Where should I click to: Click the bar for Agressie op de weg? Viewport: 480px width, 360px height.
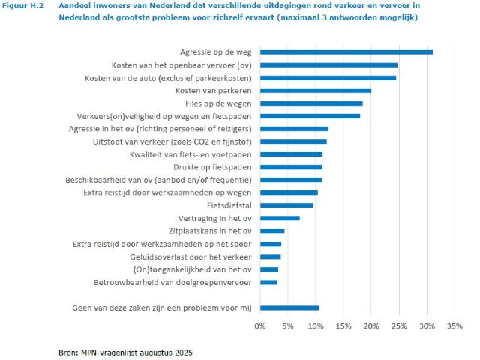coord(346,52)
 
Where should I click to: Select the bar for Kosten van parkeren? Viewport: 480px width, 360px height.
coord(316,90)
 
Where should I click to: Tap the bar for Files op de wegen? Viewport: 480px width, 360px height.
coord(311,103)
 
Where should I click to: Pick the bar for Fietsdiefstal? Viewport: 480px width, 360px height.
coord(286,205)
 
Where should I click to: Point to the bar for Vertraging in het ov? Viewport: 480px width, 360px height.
coord(280,218)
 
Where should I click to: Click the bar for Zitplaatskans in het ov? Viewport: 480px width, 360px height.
coord(272,231)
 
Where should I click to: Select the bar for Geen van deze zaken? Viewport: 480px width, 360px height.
coord(289,307)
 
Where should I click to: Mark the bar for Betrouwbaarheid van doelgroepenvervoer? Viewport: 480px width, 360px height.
coord(268,282)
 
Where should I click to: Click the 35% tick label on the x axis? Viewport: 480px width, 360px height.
coord(454,326)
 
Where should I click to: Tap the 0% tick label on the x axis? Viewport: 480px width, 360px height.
coord(260,326)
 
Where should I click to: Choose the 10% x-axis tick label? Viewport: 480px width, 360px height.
coord(316,326)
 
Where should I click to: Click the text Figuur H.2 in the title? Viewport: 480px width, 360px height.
coord(25,6)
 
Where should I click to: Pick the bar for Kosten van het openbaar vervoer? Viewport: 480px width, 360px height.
coord(328,65)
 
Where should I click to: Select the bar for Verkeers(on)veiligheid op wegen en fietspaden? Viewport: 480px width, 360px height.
coord(310,116)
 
